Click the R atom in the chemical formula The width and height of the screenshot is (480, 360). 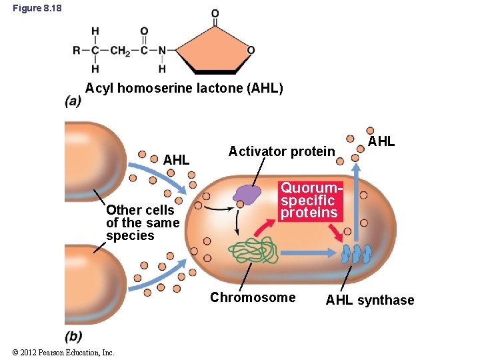(x=77, y=51)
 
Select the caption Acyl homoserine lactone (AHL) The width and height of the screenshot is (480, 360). (x=184, y=89)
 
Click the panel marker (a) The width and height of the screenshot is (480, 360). (x=73, y=101)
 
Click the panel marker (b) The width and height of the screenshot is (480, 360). (x=73, y=336)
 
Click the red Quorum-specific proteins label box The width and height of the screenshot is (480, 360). (x=309, y=200)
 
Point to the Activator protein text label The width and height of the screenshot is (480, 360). (x=281, y=151)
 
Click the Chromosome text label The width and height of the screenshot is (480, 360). (x=253, y=297)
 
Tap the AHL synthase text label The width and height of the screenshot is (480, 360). (x=369, y=300)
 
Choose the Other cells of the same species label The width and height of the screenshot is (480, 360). (x=143, y=223)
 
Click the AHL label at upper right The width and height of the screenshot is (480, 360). (x=381, y=141)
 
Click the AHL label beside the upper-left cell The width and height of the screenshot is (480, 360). (x=176, y=160)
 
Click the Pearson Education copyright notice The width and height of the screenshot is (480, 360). (x=63, y=353)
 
